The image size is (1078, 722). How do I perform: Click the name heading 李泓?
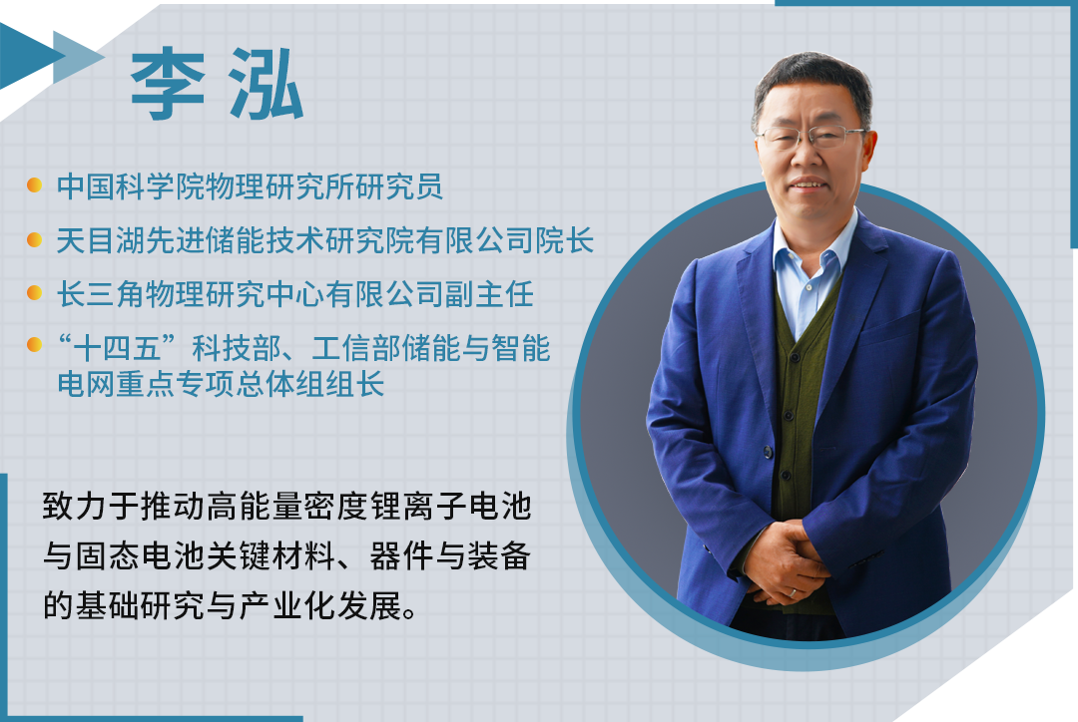tap(217, 85)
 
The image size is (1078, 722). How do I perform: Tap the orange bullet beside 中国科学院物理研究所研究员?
tap(34, 185)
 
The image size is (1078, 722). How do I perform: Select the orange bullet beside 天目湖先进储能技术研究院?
tap(34, 239)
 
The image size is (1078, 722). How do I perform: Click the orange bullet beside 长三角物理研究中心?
tap(34, 293)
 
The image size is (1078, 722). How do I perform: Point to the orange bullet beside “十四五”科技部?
tap(34, 346)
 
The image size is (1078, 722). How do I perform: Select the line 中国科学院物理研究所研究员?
tap(250, 186)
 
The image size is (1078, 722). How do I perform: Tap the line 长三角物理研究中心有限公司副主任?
tap(294, 294)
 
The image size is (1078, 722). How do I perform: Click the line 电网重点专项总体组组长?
tap(220, 385)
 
